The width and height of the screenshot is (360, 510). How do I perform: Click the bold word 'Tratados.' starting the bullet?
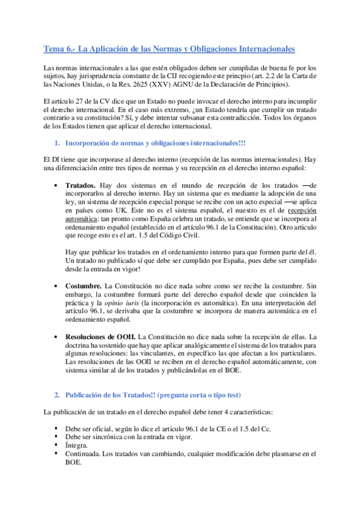[x=81, y=186]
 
